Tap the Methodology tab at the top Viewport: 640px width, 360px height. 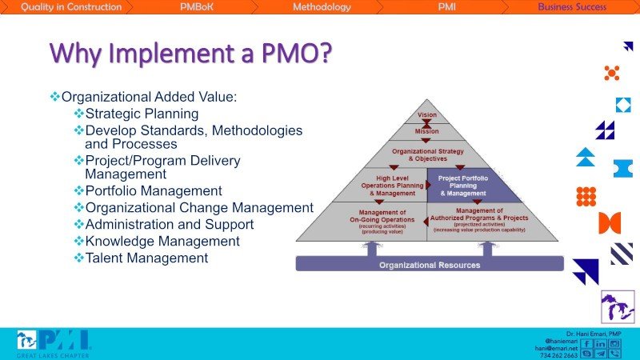click(322, 7)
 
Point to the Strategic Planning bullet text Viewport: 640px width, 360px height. click(142, 114)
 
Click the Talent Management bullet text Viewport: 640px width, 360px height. click(146, 258)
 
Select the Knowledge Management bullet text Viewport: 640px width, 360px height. click(162, 241)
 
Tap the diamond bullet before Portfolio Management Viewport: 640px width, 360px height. click(78, 190)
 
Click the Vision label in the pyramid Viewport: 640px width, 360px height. click(427, 115)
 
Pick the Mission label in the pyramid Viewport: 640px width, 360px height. click(427, 131)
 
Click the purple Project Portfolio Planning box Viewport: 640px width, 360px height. click(463, 185)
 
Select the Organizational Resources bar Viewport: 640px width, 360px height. click(430, 265)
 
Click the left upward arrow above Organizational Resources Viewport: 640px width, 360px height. click(370, 248)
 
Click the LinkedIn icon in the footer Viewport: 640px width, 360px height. click(600, 343)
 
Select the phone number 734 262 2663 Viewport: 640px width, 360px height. click(559, 355)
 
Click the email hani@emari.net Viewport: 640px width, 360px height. click(558, 348)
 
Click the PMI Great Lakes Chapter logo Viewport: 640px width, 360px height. click(53, 343)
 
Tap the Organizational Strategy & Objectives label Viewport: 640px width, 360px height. click(427, 153)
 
